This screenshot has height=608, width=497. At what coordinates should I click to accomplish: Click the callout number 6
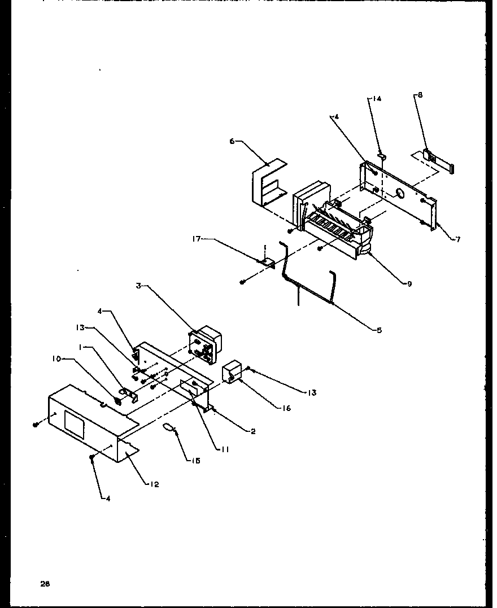(232, 143)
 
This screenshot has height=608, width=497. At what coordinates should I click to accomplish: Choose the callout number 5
(379, 330)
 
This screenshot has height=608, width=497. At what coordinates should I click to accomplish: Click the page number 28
(45, 584)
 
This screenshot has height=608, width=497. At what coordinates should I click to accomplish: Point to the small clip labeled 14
(382, 154)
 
